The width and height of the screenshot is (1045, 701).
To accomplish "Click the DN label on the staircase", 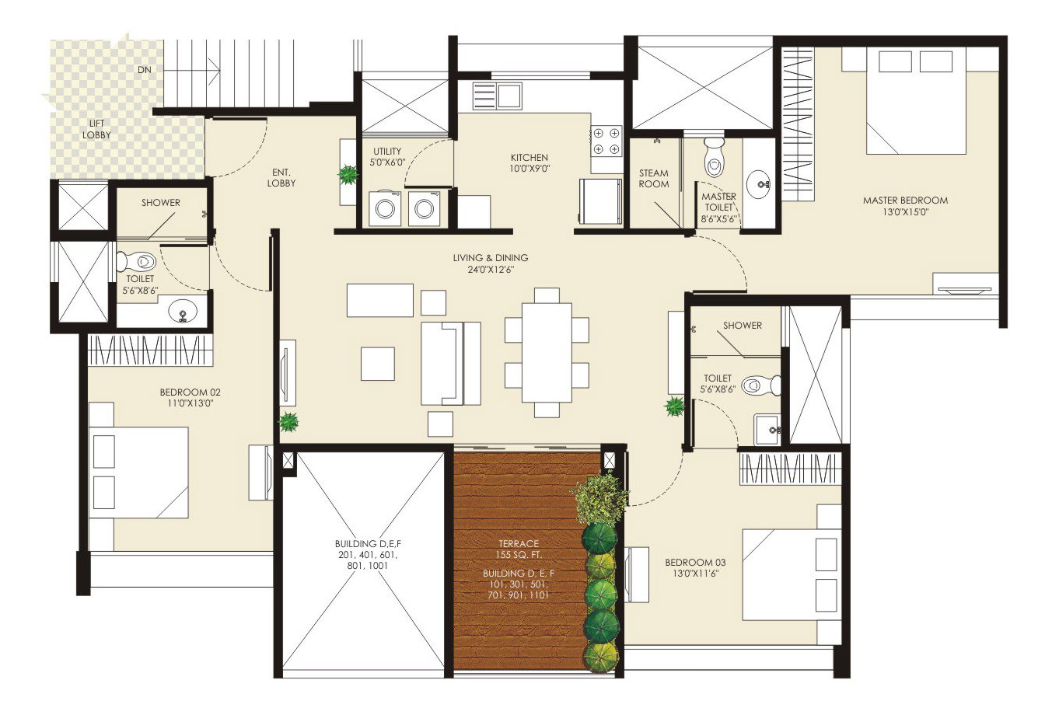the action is tap(145, 69).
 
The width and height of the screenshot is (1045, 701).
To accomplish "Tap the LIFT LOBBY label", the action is tap(96, 129).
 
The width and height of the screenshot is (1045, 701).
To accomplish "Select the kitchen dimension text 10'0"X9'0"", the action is tap(529, 169).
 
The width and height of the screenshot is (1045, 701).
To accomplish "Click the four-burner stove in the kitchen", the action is tap(606, 141).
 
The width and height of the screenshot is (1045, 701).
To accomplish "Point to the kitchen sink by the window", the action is tap(497, 96).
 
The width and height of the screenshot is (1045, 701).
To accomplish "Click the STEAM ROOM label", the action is tap(654, 179).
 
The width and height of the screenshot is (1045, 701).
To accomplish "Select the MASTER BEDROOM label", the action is tap(905, 201).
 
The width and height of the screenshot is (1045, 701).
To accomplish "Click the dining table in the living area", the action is tap(547, 353).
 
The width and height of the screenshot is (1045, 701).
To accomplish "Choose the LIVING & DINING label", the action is tap(491, 257).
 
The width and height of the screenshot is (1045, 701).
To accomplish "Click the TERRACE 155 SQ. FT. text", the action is tap(519, 549).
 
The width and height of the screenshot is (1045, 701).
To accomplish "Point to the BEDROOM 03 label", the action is tap(695, 563).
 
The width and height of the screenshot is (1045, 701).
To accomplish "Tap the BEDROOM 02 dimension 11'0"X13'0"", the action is tap(190, 403).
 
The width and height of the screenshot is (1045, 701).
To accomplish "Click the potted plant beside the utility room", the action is tap(348, 175).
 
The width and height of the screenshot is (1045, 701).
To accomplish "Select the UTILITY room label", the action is tap(387, 151).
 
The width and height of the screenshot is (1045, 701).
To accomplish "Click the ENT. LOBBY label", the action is tap(281, 178).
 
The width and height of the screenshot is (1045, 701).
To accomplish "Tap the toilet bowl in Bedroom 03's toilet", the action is tap(761, 385).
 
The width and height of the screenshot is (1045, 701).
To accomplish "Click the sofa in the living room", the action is tap(451, 363).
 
